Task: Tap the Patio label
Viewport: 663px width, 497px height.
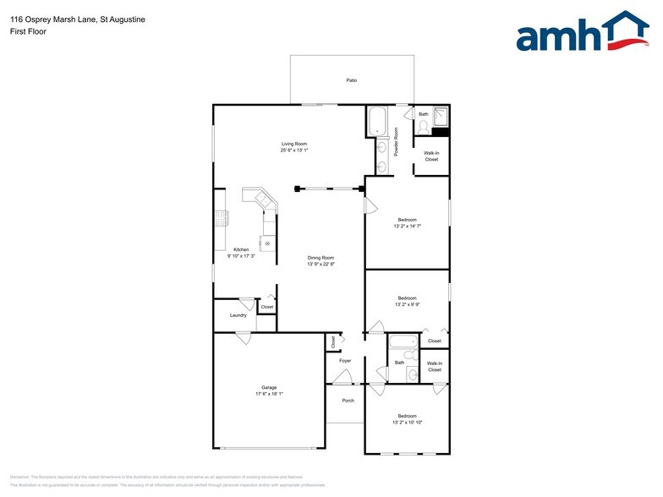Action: pyautogui.click(x=351, y=80)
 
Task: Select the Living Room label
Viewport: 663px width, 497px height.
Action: pyautogui.click(x=294, y=144)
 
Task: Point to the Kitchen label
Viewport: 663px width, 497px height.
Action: pyautogui.click(x=241, y=249)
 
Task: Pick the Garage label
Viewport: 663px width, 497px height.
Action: pyautogui.click(x=269, y=387)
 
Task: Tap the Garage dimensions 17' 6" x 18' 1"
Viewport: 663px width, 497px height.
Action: pyautogui.click(x=269, y=394)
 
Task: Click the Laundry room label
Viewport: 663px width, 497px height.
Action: pyautogui.click(x=238, y=315)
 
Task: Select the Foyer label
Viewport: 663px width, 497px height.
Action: pyautogui.click(x=345, y=361)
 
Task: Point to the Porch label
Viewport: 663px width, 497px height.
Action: pyautogui.click(x=348, y=400)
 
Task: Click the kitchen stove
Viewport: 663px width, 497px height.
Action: pyautogui.click(x=222, y=218)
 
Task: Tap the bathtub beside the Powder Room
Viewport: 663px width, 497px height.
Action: pyautogui.click(x=377, y=122)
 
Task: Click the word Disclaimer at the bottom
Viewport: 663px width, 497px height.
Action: pyautogui.click(x=19, y=477)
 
